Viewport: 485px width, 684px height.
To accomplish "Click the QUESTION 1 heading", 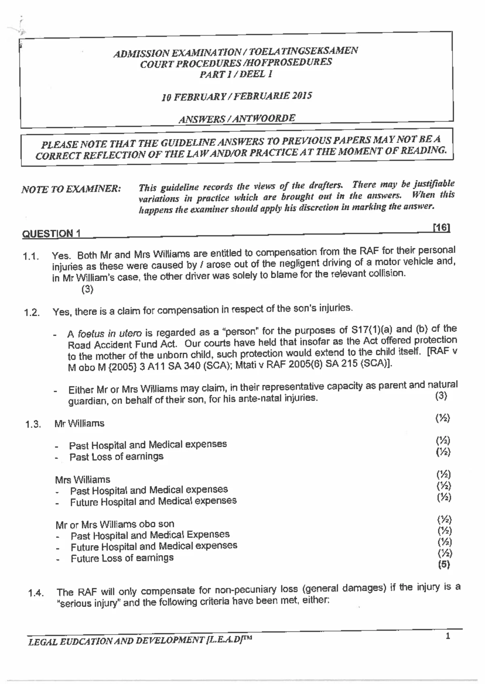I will tap(51, 234).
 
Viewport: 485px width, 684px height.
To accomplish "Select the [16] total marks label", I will tap(441, 228).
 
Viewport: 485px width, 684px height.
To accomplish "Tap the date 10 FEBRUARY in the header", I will tap(188, 97).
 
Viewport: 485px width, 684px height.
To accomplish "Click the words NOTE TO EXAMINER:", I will tap(71, 189).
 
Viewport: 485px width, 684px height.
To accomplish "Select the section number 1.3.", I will tap(33, 424).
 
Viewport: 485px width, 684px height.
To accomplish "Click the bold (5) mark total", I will tap(444, 564).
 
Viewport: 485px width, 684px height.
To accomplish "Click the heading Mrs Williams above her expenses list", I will tap(82, 480).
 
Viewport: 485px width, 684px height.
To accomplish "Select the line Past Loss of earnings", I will tap(116, 457).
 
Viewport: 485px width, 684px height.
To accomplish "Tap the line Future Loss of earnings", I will tap(122, 558).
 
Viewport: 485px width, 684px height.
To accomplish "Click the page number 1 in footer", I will tap(447, 637).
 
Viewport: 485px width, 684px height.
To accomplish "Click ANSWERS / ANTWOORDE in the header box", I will tap(237, 119).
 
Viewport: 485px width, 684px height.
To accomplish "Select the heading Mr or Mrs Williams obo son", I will tap(115, 525).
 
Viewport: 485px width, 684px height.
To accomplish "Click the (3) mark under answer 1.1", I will tap(87, 289).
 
